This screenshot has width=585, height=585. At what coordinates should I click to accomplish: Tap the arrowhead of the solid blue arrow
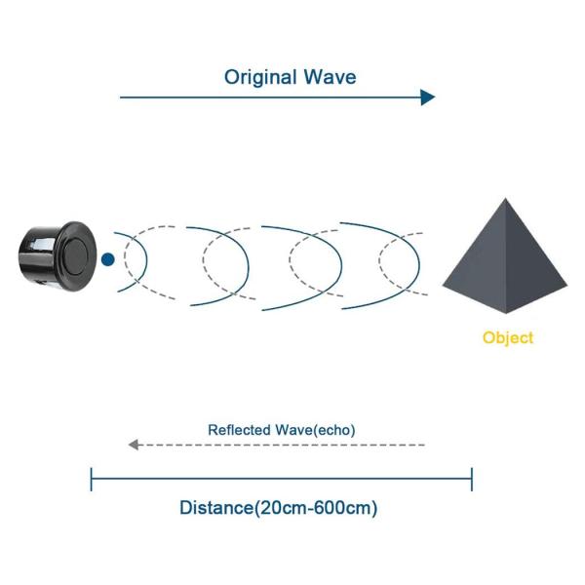point(427,97)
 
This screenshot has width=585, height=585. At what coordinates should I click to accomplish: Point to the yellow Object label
point(508,338)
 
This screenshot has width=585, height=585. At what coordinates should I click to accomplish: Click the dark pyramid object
point(504,263)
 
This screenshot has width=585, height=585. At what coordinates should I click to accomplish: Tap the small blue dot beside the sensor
point(107,259)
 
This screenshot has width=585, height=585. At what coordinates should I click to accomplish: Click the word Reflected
point(240,429)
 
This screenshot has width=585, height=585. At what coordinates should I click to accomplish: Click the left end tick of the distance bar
point(91,479)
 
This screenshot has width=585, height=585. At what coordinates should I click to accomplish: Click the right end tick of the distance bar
point(472,479)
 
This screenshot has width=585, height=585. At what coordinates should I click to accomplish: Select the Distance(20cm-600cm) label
point(279,508)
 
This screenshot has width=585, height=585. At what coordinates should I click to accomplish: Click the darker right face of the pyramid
point(534,268)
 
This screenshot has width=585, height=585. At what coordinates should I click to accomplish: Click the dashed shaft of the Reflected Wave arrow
point(283,445)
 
